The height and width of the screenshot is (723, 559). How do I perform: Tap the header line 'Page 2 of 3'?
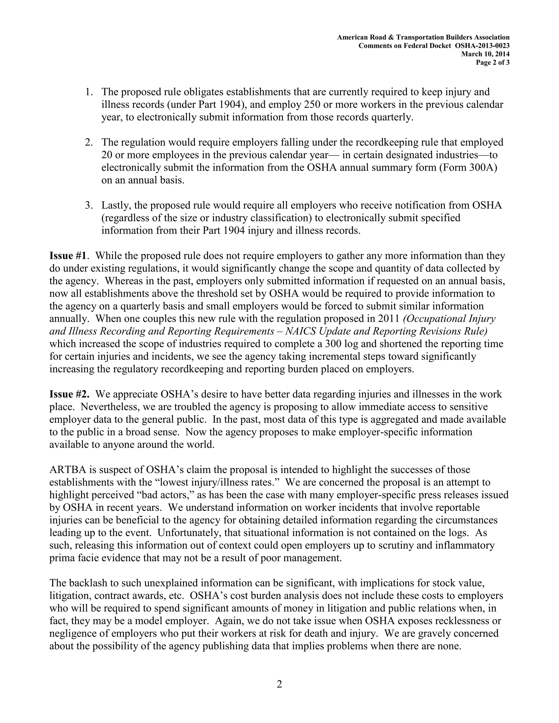pyautogui.click(x=492, y=62)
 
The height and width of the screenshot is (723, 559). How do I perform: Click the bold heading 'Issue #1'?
pyautogui.click(x=68, y=256)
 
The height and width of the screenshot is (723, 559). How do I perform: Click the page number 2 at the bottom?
pyautogui.click(x=279, y=684)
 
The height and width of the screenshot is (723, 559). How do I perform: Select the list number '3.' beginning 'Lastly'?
pyautogui.click(x=89, y=206)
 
